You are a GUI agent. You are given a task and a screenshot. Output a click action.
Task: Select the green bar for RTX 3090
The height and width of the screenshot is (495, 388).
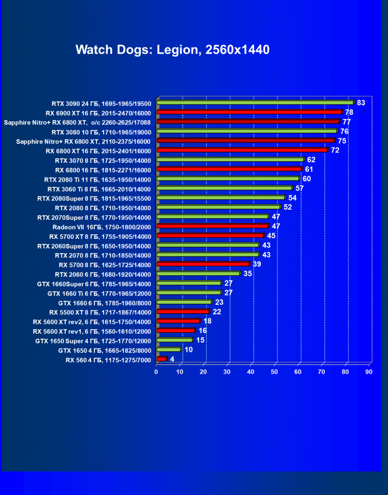coord(255,103)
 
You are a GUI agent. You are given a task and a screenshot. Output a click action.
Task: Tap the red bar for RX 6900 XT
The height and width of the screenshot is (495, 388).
coord(249,112)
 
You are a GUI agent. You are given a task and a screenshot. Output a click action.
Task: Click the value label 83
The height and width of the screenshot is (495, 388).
coord(361,103)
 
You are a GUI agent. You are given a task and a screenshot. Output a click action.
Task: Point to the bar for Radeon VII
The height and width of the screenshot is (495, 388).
coord(212,226)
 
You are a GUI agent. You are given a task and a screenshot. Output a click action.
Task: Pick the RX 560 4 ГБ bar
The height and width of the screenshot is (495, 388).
coord(162,359)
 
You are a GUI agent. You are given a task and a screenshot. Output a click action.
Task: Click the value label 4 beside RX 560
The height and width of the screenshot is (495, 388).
coord(172,359)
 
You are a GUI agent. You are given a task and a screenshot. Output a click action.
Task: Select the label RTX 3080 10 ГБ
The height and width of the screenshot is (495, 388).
coord(102,131)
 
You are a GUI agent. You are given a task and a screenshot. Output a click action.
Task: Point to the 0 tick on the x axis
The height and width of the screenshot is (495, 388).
coord(156,372)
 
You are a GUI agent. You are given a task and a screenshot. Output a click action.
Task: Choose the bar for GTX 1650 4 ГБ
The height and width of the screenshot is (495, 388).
coord(169,350)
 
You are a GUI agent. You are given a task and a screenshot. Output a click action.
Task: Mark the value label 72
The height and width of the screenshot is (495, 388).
coord(335,150)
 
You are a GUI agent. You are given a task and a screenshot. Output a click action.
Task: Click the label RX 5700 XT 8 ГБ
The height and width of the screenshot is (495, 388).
coord(100,236)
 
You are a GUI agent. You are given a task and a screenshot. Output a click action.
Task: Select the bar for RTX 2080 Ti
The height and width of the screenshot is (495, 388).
coord(228,179)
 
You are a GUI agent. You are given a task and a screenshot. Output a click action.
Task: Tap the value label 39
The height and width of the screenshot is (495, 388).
coord(257,264)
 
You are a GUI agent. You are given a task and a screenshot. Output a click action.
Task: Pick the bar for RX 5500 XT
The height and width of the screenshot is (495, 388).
coord(183,311)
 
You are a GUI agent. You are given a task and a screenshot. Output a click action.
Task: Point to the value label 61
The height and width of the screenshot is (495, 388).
coord(309,169)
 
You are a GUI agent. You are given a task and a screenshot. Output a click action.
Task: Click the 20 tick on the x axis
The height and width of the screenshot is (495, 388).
coord(203,372)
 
